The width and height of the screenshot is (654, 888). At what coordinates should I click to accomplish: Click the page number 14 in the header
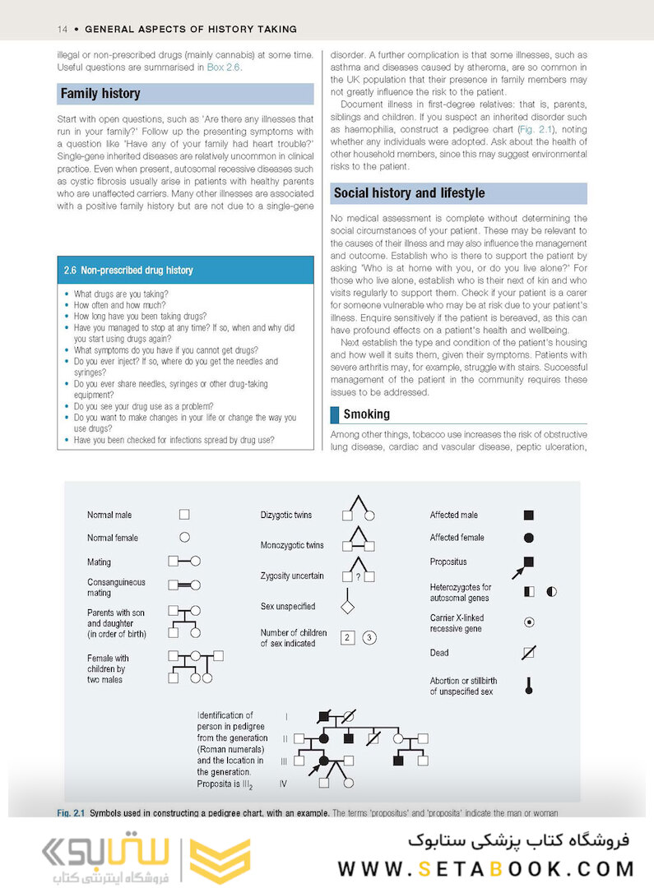point(62,29)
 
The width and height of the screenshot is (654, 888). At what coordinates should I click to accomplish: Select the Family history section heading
point(100,94)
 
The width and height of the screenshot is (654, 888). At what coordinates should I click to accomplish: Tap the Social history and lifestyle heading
point(409,193)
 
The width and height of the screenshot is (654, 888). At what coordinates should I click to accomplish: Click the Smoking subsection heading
point(366,414)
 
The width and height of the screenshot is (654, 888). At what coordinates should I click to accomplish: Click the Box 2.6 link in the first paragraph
point(224,67)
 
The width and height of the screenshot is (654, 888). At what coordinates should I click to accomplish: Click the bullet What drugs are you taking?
point(121,294)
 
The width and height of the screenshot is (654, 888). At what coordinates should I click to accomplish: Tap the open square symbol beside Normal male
point(184,515)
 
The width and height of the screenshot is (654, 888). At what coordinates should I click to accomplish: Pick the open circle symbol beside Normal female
point(184,537)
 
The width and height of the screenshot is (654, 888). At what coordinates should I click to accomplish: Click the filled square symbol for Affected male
point(529,516)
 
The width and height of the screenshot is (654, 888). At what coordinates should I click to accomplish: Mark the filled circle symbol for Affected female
point(529,538)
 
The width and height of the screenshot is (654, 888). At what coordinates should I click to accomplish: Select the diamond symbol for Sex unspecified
point(347,608)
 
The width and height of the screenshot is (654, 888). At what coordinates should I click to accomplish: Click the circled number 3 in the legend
point(369,638)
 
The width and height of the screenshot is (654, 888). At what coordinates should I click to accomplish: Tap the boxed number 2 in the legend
point(347,638)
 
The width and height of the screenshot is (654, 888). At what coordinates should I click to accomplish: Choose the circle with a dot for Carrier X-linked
point(529,622)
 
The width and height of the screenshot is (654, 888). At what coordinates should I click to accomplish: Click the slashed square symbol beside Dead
point(529,654)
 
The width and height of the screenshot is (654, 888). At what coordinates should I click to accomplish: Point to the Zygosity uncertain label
point(292,576)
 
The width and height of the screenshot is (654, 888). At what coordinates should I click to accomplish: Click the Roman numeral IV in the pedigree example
point(283,784)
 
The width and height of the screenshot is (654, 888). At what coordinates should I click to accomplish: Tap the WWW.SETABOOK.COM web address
point(485,869)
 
